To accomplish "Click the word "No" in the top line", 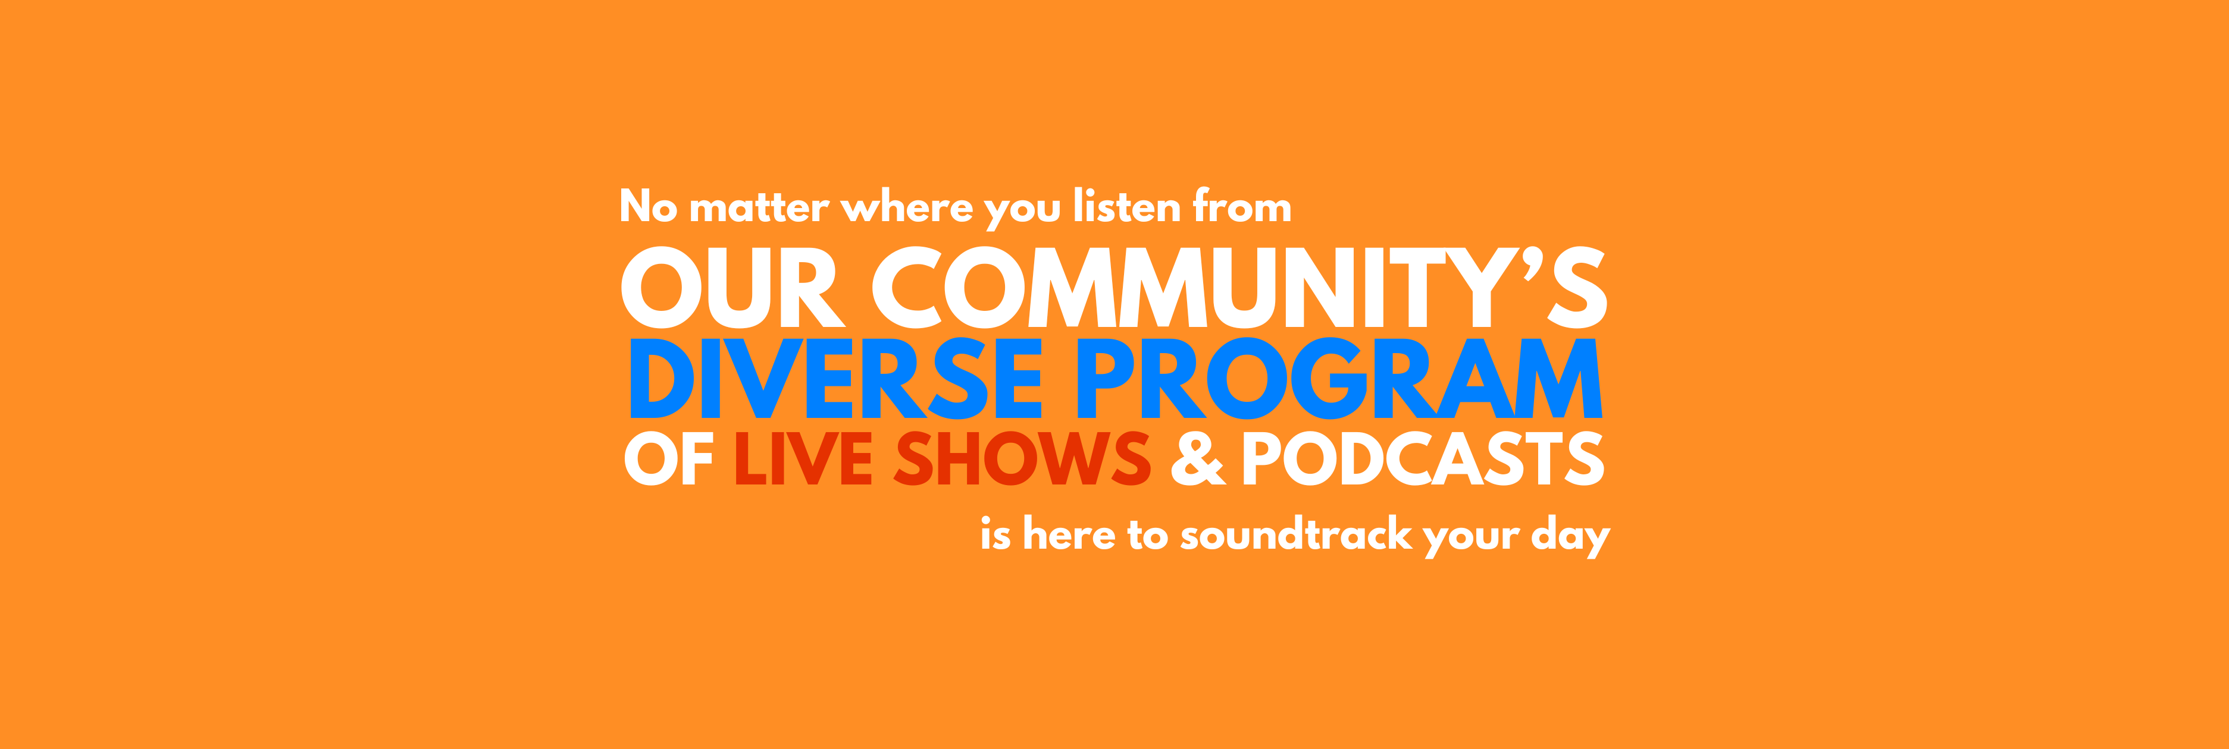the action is pos(648,206).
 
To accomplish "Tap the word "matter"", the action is pos(759,207).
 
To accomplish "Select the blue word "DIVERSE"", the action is pos(836,378).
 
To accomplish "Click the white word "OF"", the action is pos(668,458).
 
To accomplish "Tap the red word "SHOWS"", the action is pos(1022,458).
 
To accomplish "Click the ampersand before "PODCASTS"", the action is pos(1198,458).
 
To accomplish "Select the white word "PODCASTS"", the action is pos(1423,458).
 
